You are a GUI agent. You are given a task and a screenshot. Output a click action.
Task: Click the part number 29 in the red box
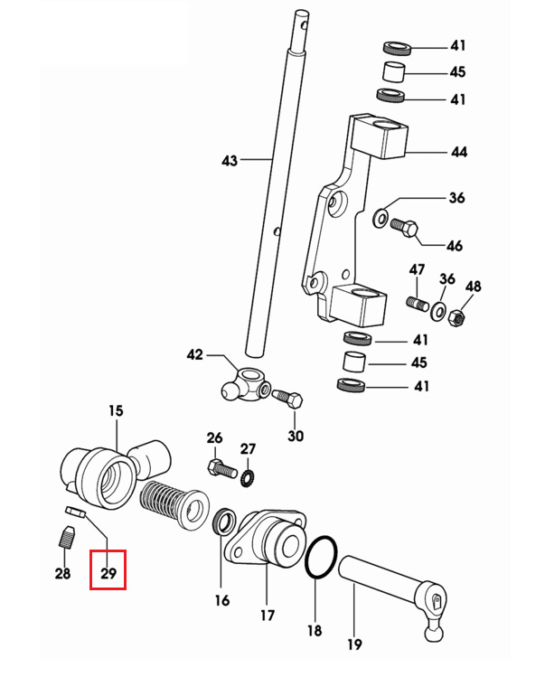coord(108,573)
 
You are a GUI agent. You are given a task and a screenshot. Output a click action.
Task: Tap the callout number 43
coord(230,161)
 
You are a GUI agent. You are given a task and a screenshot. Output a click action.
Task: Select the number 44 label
coord(459,152)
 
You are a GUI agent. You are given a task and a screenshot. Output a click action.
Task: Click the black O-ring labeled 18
coord(321,557)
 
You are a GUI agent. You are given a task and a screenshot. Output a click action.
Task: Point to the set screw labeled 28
coord(66,538)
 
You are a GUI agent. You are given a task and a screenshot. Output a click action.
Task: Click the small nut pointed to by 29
coord(76,512)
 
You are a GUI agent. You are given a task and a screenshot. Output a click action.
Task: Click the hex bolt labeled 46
coord(404,227)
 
